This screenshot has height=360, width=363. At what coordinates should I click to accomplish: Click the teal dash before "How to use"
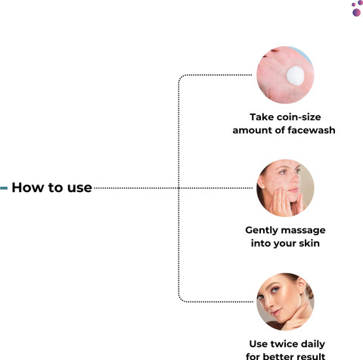[x=4, y=188]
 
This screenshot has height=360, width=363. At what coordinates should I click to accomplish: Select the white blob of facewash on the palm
[x=295, y=76]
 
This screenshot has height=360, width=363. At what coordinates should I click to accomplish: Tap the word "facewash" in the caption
[x=312, y=130]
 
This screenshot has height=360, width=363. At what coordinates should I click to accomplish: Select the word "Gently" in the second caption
[x=262, y=231]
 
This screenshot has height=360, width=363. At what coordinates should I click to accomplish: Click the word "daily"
[x=312, y=344]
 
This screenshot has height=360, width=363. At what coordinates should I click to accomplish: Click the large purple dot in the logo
[x=356, y=12]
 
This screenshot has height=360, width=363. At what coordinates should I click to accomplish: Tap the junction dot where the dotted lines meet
[x=178, y=188]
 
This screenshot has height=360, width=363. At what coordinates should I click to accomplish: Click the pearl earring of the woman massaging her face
[x=263, y=187]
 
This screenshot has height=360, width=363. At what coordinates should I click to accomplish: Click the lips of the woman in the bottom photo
[x=277, y=312]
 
